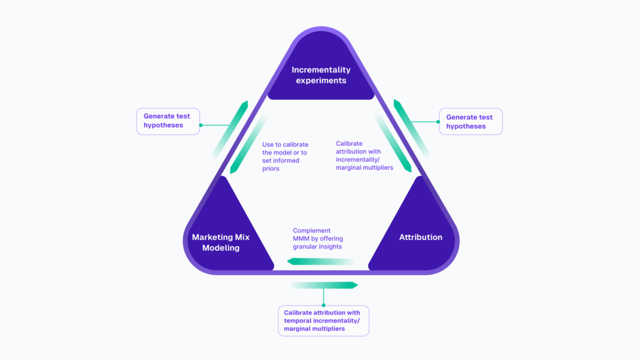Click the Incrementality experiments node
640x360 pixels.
(x=321, y=75)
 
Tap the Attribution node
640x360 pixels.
(x=420, y=237)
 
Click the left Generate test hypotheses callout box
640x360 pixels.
(x=168, y=121)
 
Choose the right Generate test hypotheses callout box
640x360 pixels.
(x=470, y=122)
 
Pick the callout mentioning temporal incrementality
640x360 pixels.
(x=323, y=321)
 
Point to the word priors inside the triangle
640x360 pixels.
(x=271, y=169)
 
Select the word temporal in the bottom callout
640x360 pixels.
(x=297, y=321)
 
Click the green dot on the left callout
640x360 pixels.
(x=201, y=126)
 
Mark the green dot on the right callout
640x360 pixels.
(x=438, y=122)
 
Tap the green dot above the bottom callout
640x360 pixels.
(x=323, y=305)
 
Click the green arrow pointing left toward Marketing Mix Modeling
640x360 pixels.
(x=320, y=261)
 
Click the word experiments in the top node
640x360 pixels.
(x=321, y=81)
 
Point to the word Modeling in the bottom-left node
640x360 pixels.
(x=221, y=247)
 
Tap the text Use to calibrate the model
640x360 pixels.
(x=285, y=149)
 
